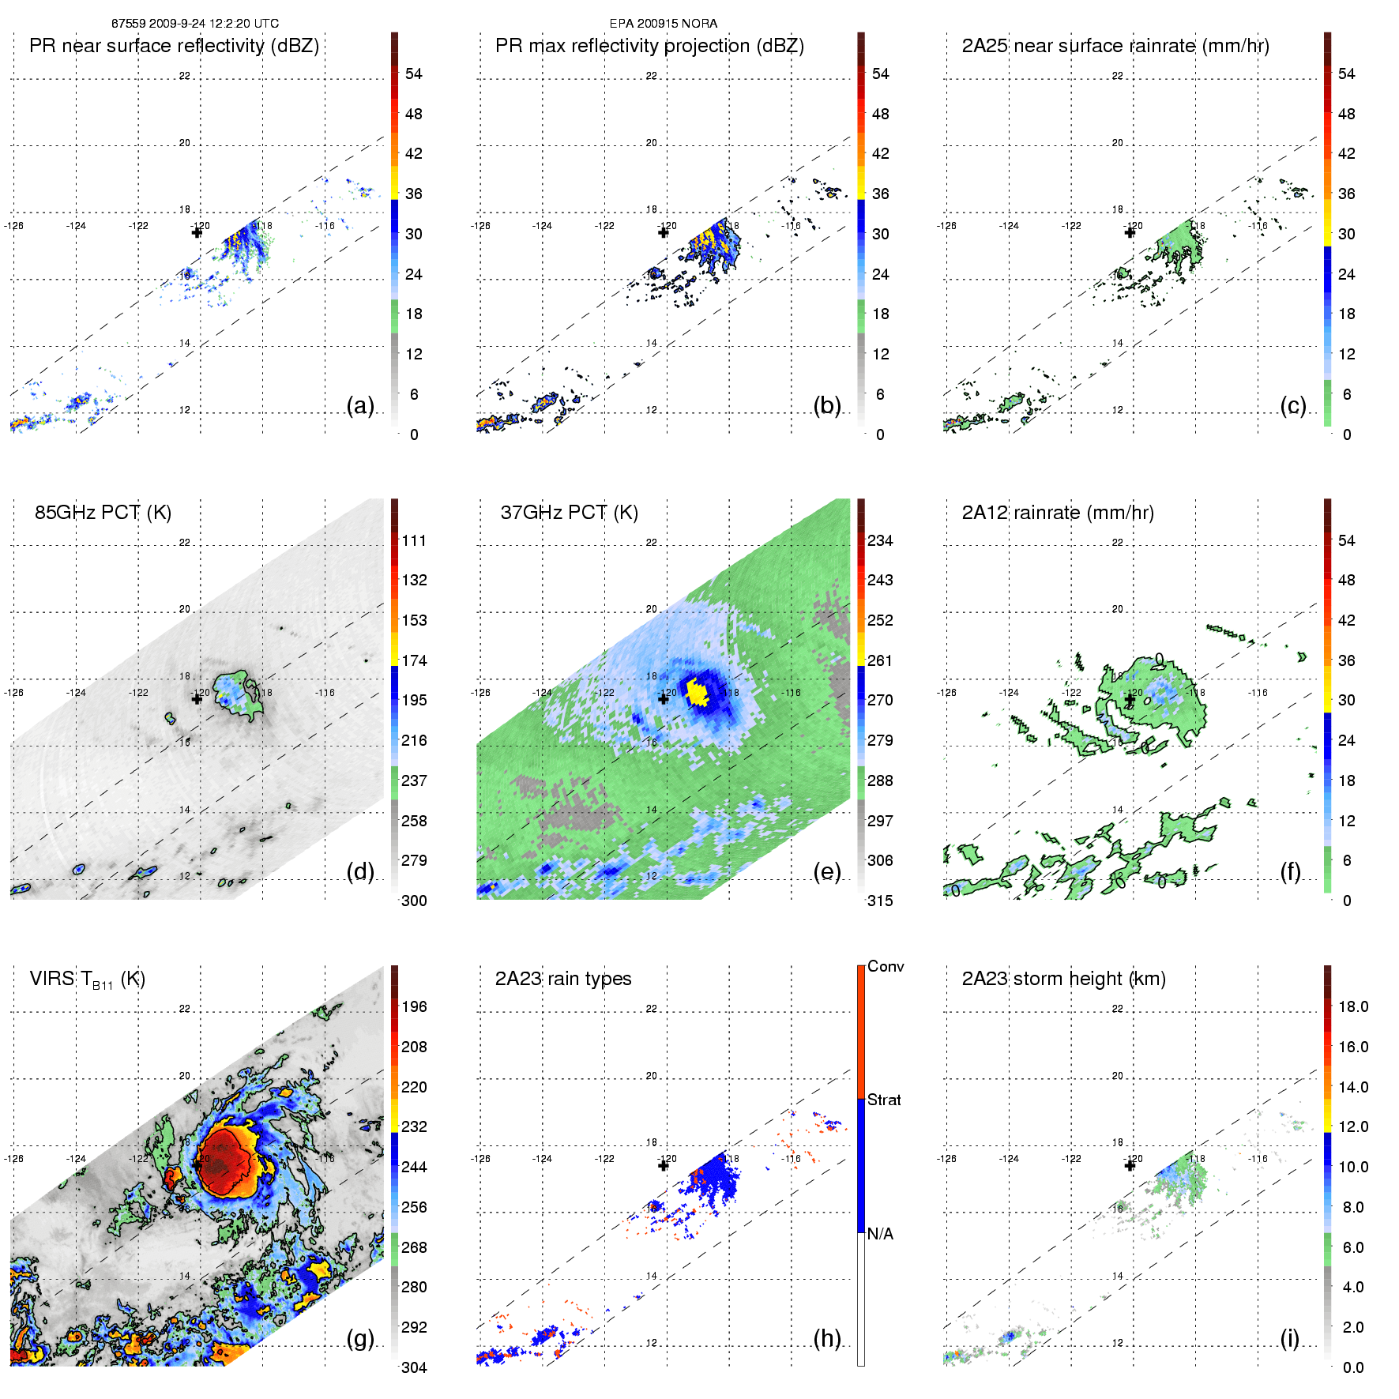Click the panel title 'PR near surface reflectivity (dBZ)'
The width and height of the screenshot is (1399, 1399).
[174, 46]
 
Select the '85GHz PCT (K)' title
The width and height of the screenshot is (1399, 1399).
[103, 513]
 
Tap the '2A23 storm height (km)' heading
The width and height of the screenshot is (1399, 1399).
[1063, 979]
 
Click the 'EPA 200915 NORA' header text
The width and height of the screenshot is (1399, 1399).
[664, 24]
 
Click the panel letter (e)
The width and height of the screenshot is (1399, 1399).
[827, 871]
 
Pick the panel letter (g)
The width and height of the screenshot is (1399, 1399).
[360, 1338]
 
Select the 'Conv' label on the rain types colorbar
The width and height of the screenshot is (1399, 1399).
[886, 967]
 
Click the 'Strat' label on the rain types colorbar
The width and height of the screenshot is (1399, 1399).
[884, 1100]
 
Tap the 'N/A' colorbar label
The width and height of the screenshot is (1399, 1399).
[880, 1234]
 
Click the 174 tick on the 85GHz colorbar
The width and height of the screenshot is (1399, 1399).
[414, 660]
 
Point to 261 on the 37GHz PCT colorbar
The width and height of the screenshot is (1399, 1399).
[880, 660]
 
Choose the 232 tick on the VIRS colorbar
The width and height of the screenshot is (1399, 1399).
[414, 1127]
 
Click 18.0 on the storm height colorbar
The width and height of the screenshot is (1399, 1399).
[1353, 1007]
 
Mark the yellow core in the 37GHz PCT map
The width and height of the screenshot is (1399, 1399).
[697, 692]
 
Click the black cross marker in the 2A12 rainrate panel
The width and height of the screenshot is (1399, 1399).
[1130, 700]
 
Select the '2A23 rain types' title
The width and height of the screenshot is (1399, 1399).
[563, 979]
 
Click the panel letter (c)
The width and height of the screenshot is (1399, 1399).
[1293, 405]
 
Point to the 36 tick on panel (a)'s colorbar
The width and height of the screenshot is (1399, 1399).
[414, 194]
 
